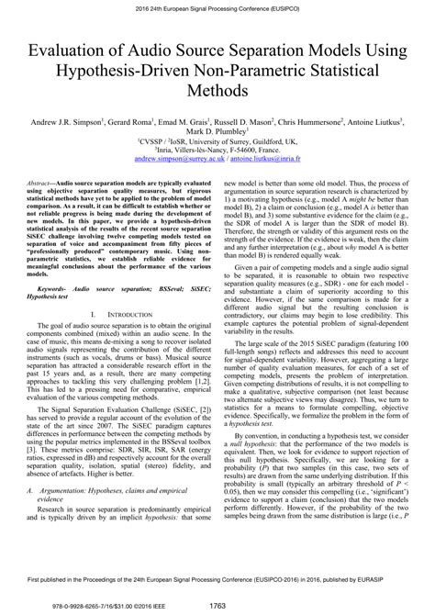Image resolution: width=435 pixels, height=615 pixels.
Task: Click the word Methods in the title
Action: coord(217,92)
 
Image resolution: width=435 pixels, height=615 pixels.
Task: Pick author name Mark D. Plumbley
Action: coord(217,131)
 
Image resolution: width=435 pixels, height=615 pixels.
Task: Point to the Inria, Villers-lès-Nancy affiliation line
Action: coord(217,151)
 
